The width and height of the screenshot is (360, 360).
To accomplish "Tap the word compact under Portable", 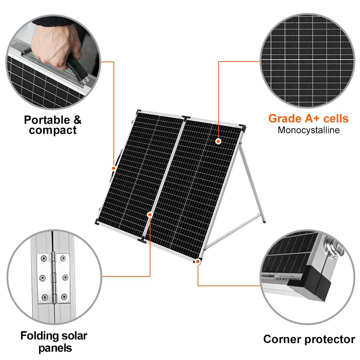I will (x=53, y=130).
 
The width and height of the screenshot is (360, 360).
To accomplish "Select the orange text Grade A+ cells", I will (x=308, y=118).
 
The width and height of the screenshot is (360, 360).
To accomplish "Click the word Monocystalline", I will (x=309, y=130).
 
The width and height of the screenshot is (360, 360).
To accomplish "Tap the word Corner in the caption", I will (x=283, y=339).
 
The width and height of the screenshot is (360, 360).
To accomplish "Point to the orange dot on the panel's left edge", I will (x=113, y=168).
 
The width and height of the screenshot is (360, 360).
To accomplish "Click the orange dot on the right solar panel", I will (x=218, y=141).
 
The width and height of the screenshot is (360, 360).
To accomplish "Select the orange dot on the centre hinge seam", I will (x=150, y=215).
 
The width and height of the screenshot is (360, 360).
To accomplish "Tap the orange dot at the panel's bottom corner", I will (x=198, y=261).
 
